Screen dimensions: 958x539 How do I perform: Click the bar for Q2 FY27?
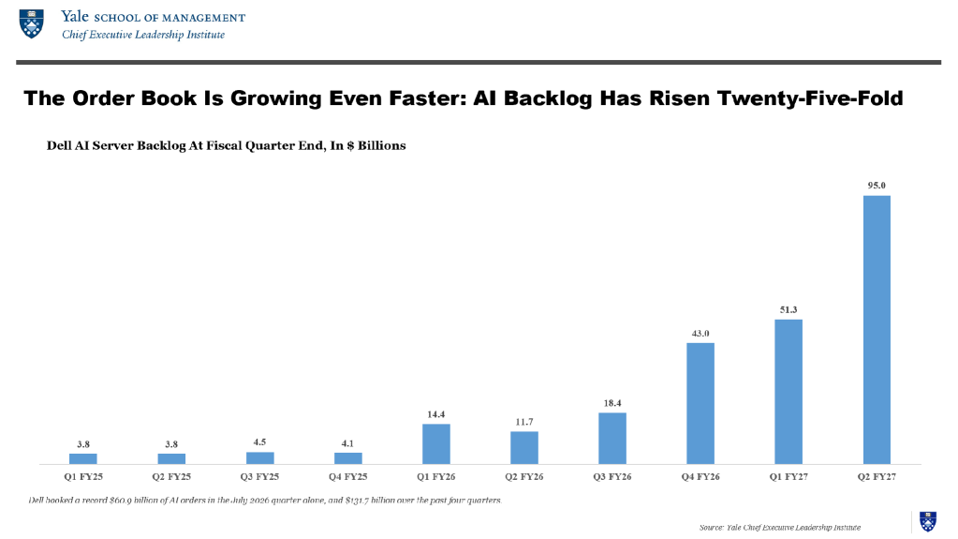pos(877,330)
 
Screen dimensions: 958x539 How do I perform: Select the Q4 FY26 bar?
pos(700,404)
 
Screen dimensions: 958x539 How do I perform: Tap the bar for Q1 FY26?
pos(436,444)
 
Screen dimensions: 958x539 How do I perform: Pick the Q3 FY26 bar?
pos(612,439)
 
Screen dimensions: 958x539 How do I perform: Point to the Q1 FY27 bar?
pos(789,392)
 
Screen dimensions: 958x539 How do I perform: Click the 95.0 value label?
pos(877,186)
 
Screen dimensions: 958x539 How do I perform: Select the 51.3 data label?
pos(789,309)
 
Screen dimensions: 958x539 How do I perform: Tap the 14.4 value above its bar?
pos(436,414)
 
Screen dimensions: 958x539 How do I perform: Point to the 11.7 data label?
pos(524,422)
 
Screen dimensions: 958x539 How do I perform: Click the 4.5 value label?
pos(259,442)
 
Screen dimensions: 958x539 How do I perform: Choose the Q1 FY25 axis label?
pos(83,476)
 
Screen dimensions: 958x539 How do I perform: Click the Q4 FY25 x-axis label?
pos(347,476)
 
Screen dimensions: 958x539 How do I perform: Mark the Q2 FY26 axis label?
pos(524,476)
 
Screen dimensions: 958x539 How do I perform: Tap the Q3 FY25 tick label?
pos(259,476)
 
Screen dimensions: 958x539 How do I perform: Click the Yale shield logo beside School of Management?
pos(32,23)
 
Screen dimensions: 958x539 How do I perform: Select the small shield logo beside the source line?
pos(928,521)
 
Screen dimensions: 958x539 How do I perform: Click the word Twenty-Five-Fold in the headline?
pos(810,97)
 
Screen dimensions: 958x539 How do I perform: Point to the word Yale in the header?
pos(75,17)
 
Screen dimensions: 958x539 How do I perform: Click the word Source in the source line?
pos(711,528)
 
